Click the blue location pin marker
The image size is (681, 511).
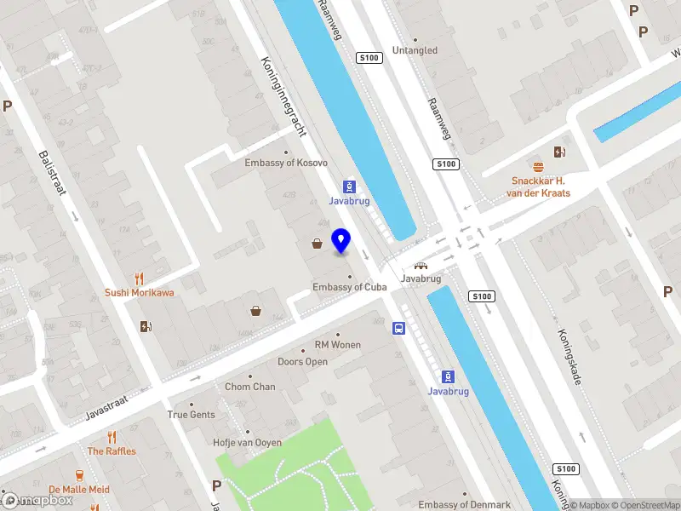pos(341,241)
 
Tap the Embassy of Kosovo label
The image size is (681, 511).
pos(286,163)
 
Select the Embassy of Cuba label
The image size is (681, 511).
pos(350,287)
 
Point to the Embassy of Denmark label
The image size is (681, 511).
pos(464,505)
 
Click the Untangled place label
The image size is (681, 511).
pos(415,50)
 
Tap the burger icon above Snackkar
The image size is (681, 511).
pos(538,166)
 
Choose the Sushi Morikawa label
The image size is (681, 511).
pos(140,292)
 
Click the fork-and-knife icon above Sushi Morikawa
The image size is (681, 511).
pos(140,278)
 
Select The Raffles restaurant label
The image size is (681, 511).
pos(112,451)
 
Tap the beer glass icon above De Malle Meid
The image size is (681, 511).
pos(79,474)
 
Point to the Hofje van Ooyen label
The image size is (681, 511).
pos(246,442)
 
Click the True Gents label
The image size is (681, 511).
pos(191,415)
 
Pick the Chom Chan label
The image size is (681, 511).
pos(249,387)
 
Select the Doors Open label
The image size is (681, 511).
pos(302,362)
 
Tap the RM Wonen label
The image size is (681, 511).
pos(338,345)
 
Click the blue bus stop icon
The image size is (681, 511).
pos(398,328)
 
